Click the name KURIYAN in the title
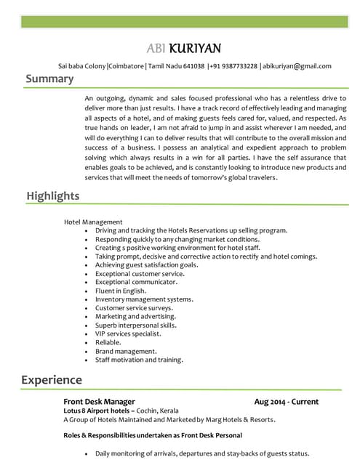pos(195,49)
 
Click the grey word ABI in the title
pos(156,49)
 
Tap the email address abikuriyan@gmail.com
pos(297,65)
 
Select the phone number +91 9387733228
pos(233,65)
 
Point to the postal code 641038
pos(193,65)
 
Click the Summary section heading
pos(49,78)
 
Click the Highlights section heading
pos(53,196)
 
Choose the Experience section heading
pos(52,380)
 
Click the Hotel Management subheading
pos(93,222)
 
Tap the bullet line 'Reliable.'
pos(108,342)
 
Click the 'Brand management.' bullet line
pos(126,351)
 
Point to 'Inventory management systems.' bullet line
pos(144,299)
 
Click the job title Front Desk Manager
pos(99,402)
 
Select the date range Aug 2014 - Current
pos(286,402)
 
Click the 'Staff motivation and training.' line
pos(139,360)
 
